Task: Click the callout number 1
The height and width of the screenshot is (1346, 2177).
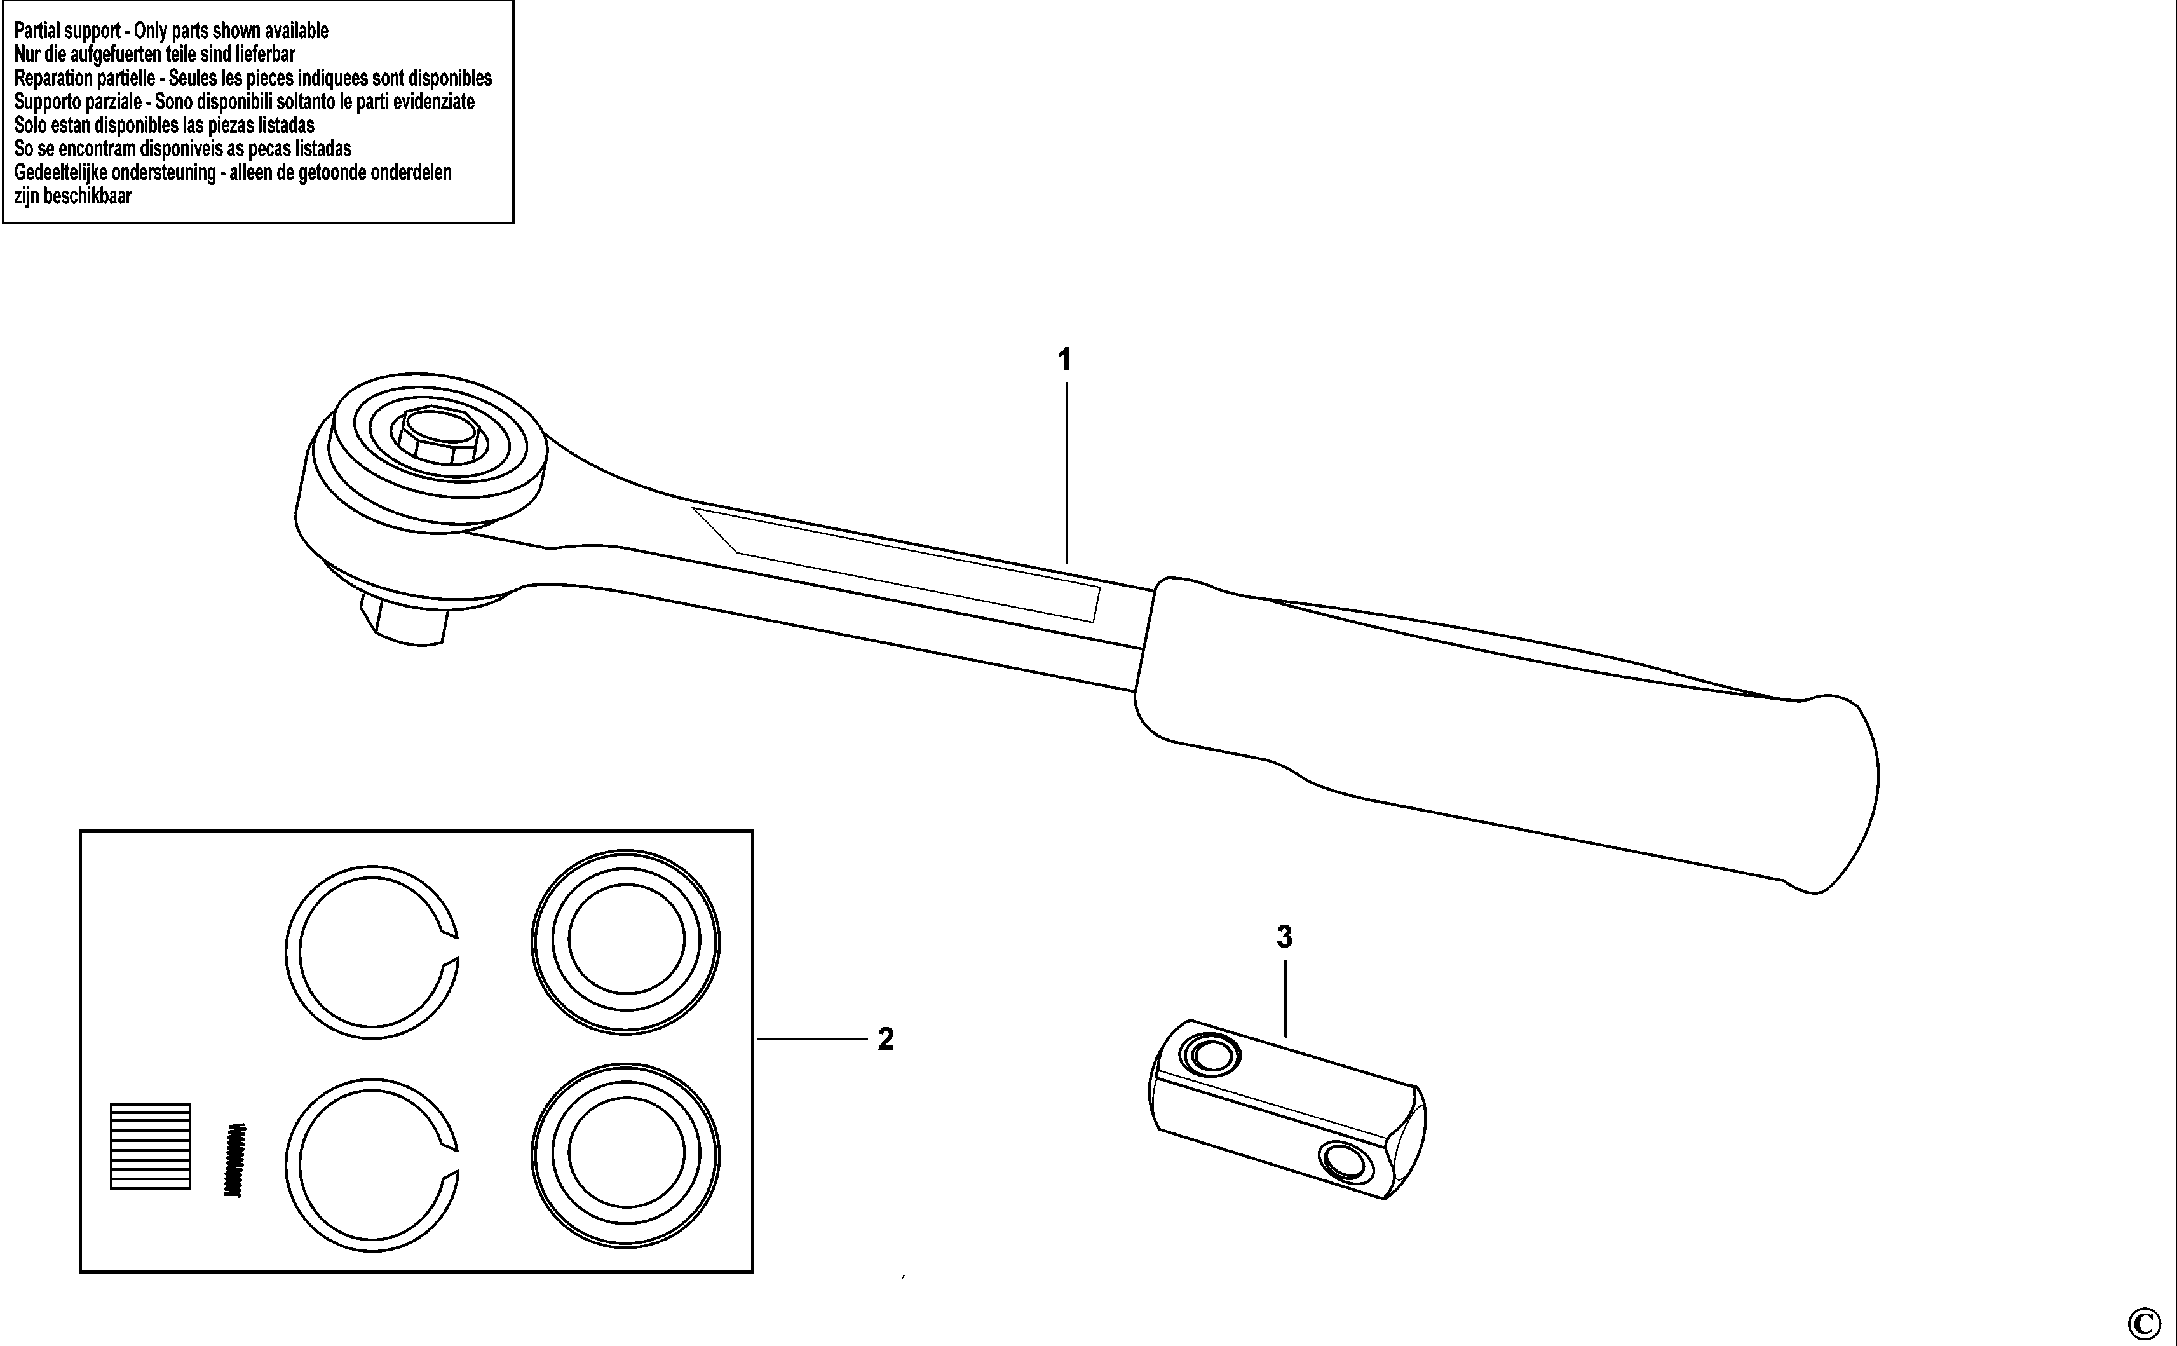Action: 1064,360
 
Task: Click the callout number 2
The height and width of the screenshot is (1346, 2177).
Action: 886,1039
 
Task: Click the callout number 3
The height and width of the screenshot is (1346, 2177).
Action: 1284,937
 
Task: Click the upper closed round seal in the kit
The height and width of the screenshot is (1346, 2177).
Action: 626,942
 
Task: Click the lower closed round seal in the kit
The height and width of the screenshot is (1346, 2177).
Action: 626,1155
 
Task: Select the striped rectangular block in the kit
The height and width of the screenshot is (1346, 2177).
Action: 151,1146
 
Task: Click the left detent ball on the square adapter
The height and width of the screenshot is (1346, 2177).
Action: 1209,1057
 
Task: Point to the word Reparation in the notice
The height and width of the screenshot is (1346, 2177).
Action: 54,78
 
